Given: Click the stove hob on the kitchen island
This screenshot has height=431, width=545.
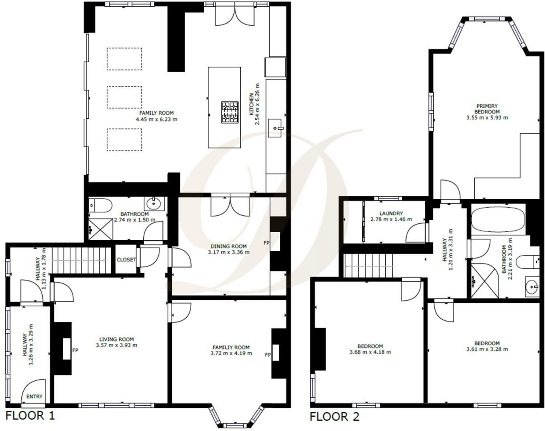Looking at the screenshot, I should [230, 112].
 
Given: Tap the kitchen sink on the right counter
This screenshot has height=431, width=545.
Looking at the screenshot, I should [275, 128].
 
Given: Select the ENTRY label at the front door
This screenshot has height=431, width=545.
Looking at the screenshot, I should [34, 396].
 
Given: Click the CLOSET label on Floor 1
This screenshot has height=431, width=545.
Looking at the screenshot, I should [126, 260].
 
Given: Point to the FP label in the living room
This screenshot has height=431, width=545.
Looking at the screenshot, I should [76, 350].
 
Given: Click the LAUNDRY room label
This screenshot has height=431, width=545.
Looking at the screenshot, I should [391, 213].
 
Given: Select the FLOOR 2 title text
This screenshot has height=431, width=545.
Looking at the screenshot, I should [334, 417].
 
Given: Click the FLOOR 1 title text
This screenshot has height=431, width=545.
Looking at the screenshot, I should [30, 416].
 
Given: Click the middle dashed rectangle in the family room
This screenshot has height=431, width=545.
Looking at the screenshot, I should [124, 97].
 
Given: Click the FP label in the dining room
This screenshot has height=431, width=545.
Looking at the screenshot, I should [266, 243].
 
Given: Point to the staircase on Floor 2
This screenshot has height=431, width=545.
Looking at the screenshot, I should [369, 266].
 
